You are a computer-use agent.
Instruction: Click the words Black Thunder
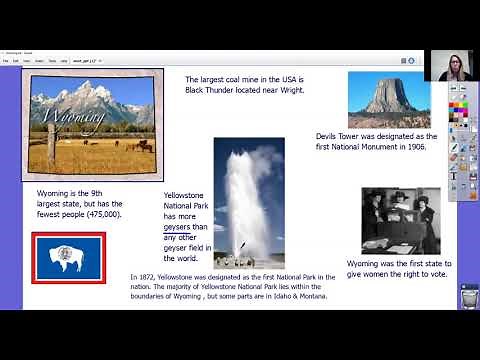click(x=216, y=90)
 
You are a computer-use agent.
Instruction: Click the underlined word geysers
click(x=178, y=227)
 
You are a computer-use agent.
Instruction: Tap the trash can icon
click(x=467, y=296)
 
